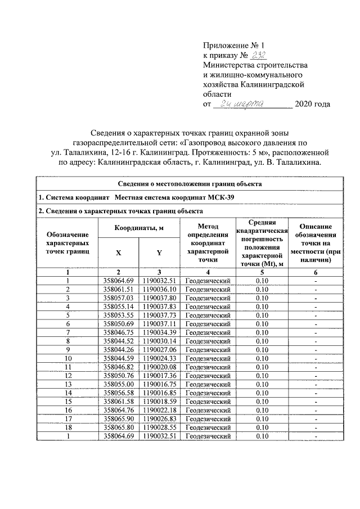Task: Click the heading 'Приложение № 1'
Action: pyautogui.click(x=232, y=44)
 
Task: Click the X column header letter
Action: pyautogui.click(x=118, y=253)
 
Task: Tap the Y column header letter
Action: pyautogui.click(x=159, y=253)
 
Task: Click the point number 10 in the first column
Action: pyautogui.click(x=67, y=358)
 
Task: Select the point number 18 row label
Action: pyautogui.click(x=67, y=427)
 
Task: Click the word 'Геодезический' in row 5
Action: pyautogui.click(x=208, y=315)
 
